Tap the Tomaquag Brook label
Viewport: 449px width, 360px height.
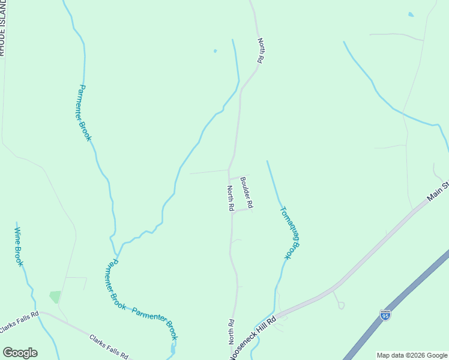[x=289, y=233]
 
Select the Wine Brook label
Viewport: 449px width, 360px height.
[x=19, y=247]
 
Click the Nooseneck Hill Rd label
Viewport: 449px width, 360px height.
[x=252, y=337]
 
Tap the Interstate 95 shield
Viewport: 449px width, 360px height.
[x=385, y=314]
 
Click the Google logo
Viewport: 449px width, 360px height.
[x=20, y=352]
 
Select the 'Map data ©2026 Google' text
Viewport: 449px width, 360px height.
[x=412, y=355]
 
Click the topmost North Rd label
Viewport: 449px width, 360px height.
[x=261, y=51]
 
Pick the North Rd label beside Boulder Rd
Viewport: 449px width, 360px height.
[x=230, y=198]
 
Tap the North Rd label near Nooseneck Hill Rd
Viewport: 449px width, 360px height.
[x=231, y=331]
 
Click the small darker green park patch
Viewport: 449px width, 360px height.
[x=55, y=296]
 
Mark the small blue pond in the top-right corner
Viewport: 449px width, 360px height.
[x=411, y=14]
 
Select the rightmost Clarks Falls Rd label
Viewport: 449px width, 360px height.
[x=109, y=346]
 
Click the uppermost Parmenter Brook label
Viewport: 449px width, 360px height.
[x=85, y=113]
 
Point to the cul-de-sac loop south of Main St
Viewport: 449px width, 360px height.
[x=341, y=305]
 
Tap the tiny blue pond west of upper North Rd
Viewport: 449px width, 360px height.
[x=215, y=51]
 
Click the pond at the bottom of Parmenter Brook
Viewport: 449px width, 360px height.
[x=173, y=348]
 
